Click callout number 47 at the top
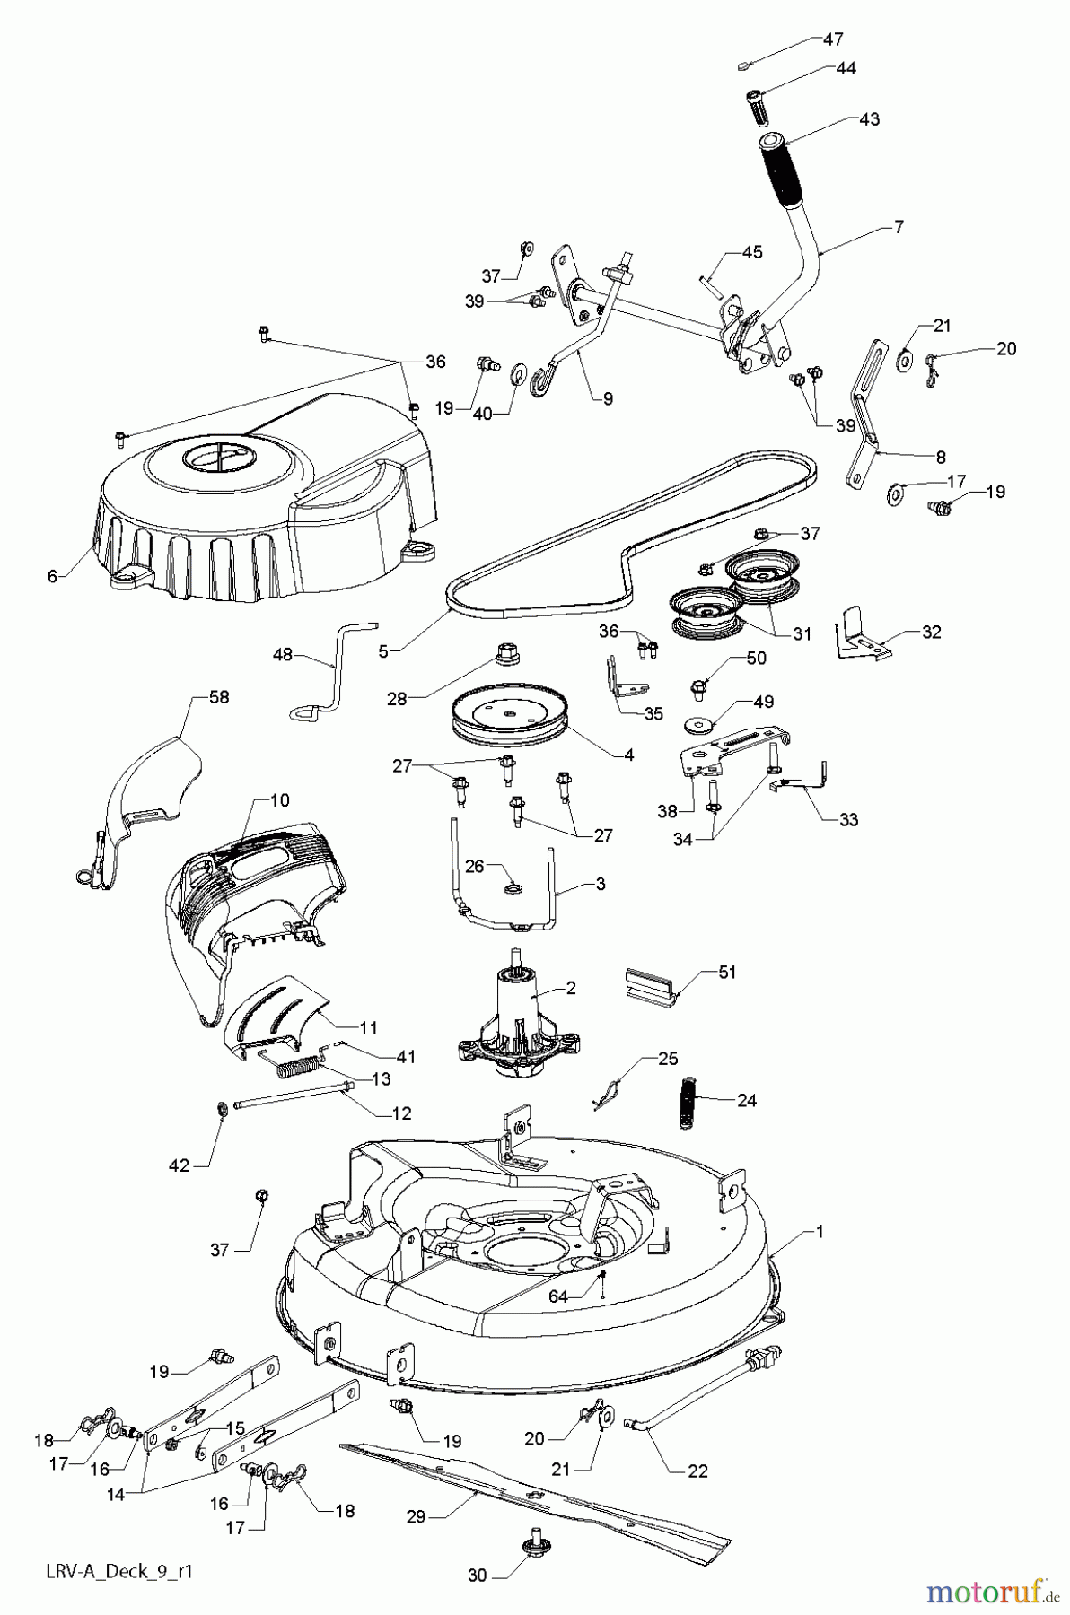(833, 39)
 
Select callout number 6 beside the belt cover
(53, 576)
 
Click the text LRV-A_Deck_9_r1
(118, 1572)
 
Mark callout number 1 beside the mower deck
(818, 1232)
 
